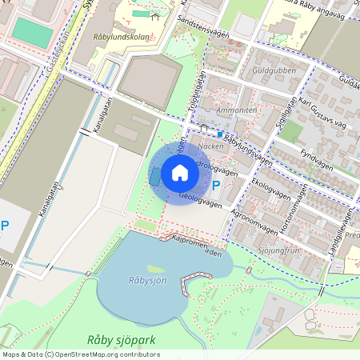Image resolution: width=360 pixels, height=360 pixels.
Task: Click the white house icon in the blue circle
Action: pos(180,173)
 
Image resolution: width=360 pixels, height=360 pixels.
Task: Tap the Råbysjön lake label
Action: pos(146,281)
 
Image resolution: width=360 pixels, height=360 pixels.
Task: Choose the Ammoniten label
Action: pos(238,110)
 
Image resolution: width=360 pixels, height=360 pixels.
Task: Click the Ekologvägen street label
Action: pos(269,189)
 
